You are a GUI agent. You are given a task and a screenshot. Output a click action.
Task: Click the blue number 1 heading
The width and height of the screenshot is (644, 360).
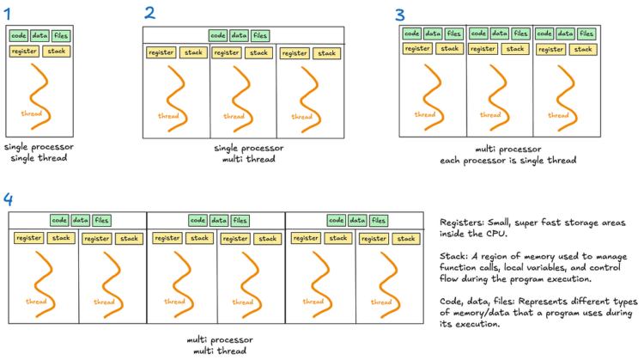[x=9, y=13]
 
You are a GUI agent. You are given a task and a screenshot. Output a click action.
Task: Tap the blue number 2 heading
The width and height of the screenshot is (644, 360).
[x=150, y=13]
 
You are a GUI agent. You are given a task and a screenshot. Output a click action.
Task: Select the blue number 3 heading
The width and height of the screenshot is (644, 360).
[x=399, y=15]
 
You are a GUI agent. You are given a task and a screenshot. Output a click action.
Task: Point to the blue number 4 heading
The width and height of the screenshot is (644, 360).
[x=9, y=199]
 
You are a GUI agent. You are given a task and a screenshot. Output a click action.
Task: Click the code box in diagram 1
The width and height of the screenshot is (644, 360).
[x=18, y=35]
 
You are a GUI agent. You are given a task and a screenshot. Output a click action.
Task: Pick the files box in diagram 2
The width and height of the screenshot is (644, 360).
[x=260, y=35]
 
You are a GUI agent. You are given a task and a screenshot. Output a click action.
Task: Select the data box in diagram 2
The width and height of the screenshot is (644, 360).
[x=240, y=35]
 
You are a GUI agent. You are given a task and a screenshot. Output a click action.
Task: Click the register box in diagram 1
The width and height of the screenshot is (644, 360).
[x=23, y=51]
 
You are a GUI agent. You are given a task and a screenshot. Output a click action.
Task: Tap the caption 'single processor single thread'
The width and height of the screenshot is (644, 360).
[x=39, y=153]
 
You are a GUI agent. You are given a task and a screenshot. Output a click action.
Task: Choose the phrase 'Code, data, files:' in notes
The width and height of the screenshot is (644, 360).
[x=478, y=302]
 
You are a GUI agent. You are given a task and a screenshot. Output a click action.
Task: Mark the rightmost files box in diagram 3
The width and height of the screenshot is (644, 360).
[x=586, y=34]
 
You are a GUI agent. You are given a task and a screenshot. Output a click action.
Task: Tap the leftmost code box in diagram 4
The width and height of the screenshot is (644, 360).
[x=59, y=221]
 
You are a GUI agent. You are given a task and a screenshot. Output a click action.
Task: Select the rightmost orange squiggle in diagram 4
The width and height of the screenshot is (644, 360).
[x=381, y=273]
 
